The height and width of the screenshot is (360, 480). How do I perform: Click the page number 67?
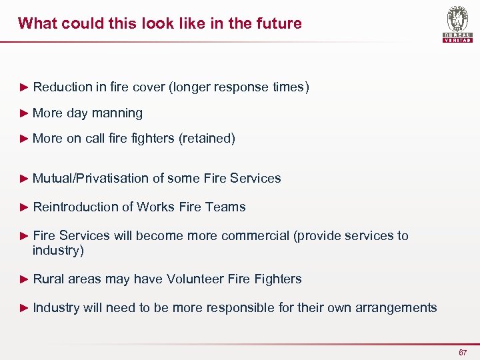point(462,352)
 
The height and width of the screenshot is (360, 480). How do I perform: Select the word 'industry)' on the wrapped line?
point(59,251)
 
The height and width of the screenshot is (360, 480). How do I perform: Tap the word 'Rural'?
point(47,279)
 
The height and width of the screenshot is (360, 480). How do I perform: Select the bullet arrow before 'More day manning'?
point(25,113)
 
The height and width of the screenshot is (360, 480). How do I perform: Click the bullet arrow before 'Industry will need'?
point(25,307)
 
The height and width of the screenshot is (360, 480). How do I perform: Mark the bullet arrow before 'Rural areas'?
point(25,279)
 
